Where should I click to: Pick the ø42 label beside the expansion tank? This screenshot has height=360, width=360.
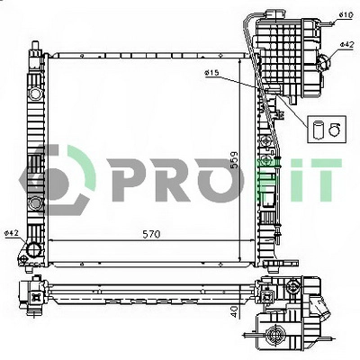tap(346, 44)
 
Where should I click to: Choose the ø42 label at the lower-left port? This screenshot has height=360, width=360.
tap(12, 234)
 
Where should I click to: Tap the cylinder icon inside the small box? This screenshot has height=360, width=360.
tap(319, 130)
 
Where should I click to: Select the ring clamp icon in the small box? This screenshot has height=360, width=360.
tap(333, 130)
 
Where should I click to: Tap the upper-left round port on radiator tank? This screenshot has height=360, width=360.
tap(35, 93)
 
